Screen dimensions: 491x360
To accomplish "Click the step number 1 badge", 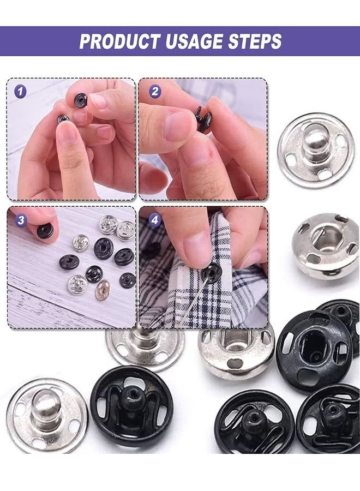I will coord(20,91).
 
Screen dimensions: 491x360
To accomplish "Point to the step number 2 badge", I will coord(154,91).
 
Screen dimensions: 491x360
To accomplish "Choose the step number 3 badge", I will coord(21,220).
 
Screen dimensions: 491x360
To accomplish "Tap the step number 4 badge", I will coord(155,220).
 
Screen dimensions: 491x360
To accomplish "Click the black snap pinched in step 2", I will coord(203,119).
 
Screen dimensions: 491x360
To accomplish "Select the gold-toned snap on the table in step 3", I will coord(102,290).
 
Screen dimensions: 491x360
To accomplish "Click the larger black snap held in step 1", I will coord(81,100).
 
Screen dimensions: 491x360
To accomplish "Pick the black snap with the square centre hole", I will coord(314,349).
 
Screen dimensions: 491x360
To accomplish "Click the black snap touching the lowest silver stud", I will coord(131,406).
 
